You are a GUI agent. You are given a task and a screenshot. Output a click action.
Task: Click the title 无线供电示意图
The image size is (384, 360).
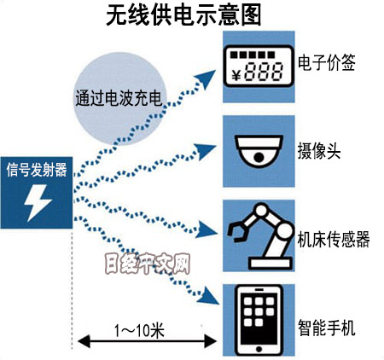183,15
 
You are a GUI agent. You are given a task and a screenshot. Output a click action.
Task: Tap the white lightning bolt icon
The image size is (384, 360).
38,203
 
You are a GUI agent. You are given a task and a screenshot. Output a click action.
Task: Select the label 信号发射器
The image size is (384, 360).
37,170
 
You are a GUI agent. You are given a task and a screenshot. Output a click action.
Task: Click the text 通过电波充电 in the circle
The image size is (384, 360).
119,98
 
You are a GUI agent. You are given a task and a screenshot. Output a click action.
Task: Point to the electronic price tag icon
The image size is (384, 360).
259,66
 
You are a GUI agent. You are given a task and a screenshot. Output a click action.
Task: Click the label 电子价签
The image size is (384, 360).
327,62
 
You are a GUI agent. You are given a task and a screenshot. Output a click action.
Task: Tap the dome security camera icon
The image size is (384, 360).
259,150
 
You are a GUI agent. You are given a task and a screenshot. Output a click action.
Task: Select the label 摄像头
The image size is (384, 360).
319,151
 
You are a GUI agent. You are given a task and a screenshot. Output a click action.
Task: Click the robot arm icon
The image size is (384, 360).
259,236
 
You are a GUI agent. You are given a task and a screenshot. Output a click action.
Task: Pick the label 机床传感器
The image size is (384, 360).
334,239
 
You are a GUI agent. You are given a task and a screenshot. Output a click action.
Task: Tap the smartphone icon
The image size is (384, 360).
259,320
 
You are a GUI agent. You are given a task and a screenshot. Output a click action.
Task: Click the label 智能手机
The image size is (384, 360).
327,328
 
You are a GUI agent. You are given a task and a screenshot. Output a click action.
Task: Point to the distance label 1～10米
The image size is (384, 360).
139,330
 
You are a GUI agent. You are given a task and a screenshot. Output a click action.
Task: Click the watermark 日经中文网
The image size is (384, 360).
148,264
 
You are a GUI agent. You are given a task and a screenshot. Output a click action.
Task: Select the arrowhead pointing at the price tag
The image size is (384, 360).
205,78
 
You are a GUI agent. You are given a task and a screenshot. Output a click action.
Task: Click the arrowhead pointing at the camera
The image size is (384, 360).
206,151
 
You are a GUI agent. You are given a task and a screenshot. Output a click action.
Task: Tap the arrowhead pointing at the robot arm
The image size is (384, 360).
207,229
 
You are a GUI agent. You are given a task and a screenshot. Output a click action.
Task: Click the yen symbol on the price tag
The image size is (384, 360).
236,75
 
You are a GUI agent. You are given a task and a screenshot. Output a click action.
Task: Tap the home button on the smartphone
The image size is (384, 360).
259,349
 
